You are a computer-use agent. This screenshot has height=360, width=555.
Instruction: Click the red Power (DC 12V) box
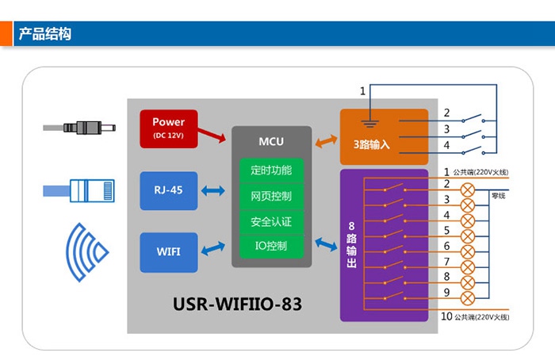point(168,128)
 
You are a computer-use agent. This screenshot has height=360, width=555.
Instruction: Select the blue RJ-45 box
point(168,191)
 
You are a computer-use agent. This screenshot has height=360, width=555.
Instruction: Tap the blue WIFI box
point(168,251)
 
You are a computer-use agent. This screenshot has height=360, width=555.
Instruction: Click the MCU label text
point(270,142)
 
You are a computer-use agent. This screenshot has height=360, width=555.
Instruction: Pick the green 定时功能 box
point(270,170)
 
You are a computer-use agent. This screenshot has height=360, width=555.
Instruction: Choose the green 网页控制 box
point(270,196)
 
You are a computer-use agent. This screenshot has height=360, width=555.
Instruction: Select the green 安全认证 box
point(270,221)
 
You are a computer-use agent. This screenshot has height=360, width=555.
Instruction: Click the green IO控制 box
point(270,247)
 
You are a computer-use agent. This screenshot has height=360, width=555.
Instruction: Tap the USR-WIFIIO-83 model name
point(238,304)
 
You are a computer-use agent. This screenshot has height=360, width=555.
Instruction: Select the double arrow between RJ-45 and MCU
point(213,191)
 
